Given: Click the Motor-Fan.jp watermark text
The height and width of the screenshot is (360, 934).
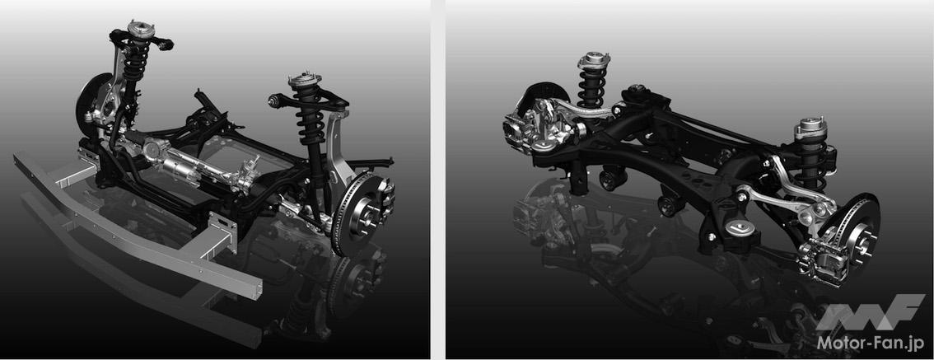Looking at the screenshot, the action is pos(871,343).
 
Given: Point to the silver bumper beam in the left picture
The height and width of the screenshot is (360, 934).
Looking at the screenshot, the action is pos(137,227).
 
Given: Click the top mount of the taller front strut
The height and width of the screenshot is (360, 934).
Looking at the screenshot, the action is pos(141,29).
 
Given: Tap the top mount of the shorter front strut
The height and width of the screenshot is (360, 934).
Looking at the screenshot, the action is pos(305,81).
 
